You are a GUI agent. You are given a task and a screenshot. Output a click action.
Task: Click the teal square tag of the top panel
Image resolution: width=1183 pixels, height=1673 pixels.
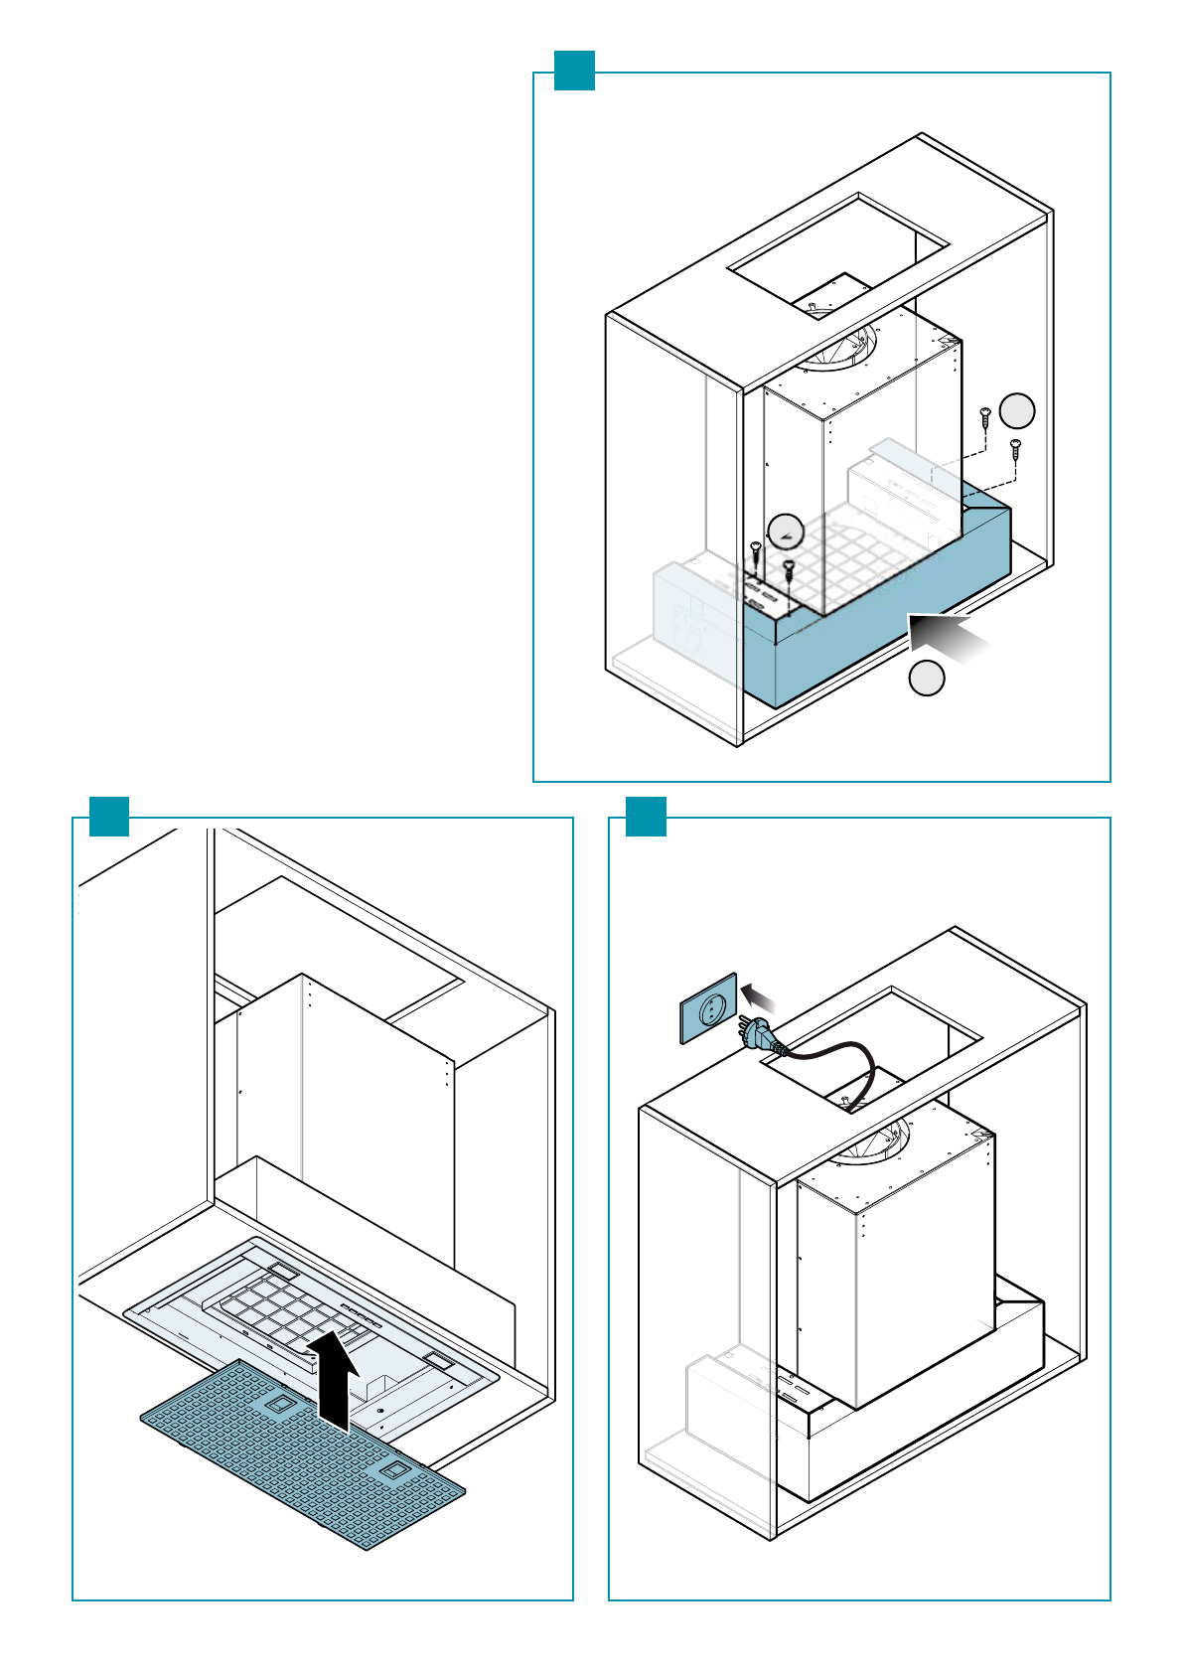point(574,71)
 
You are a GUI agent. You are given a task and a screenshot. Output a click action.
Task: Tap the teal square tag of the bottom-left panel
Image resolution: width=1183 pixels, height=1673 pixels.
point(109,816)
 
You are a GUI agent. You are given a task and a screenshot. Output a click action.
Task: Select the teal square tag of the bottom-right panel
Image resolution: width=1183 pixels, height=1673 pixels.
point(646,816)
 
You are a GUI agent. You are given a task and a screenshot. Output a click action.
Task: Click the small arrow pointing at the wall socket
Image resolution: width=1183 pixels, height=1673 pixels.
point(759,995)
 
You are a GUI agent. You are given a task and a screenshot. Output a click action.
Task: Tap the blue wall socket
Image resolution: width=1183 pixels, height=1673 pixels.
point(709,1008)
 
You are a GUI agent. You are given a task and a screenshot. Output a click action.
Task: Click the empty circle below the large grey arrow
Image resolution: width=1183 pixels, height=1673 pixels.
point(927,678)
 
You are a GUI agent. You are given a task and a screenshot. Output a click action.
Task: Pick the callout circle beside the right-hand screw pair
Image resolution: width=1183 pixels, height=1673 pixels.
point(1017,410)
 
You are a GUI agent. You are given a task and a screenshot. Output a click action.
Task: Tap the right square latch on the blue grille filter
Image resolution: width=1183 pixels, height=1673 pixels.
point(392,1470)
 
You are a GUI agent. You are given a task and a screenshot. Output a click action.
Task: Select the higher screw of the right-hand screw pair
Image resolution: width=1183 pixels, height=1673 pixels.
point(984,416)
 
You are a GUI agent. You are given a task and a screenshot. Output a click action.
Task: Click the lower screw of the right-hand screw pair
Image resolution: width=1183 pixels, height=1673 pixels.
point(1015,449)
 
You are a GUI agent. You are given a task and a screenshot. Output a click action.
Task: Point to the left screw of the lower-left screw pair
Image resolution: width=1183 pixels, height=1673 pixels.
point(756,551)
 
